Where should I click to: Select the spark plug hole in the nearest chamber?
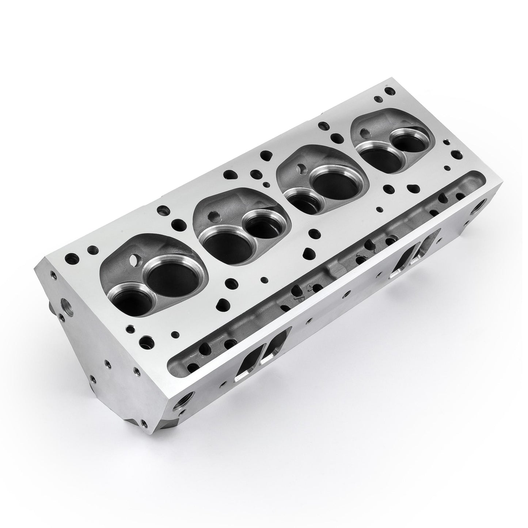click(137, 260)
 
